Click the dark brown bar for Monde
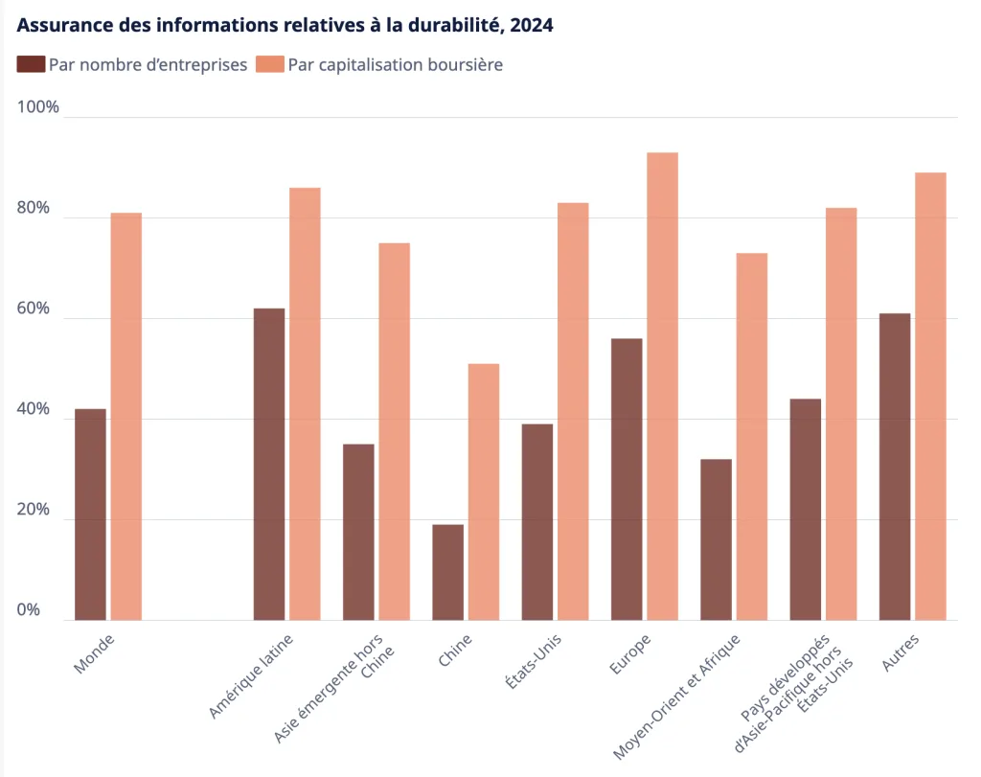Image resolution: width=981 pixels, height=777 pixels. pos(91,514)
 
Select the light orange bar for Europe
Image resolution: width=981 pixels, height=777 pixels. pos(662,386)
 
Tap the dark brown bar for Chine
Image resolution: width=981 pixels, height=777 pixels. pos(447,572)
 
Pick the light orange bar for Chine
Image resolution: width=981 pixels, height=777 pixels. pos(484,491)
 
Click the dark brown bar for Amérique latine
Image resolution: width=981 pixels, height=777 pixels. pos(269,464)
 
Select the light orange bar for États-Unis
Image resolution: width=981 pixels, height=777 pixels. pos(573,411)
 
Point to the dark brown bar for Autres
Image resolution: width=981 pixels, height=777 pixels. pos(895,467)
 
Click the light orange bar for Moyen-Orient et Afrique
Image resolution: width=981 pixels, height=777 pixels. pos(752,436)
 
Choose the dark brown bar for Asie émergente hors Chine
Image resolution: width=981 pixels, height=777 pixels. pos(358,532)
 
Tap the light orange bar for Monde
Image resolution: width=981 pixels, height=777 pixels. pos(126,416)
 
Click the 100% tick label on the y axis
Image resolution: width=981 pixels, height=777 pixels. pos(38,107)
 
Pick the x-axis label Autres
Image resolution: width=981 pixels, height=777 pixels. pos(901,651)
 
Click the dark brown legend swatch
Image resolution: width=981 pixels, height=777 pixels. pos(31,64)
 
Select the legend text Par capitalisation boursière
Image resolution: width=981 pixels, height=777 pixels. pos(395,64)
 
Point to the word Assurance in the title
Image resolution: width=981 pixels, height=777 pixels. pos(63,26)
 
